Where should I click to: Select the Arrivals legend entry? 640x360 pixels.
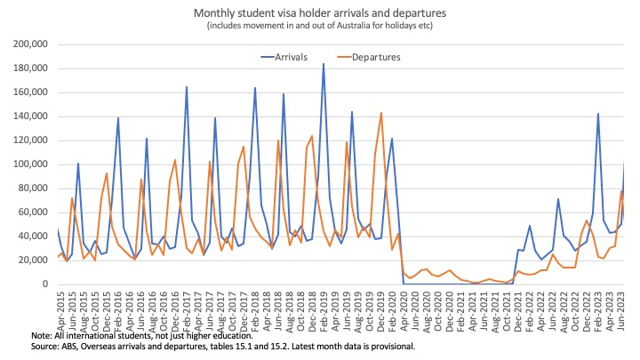(x=298, y=57)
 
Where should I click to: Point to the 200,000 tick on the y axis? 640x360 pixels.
(x=29, y=44)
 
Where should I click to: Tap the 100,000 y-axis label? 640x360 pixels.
(x=29, y=164)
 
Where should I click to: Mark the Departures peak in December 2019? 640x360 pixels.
(x=380, y=113)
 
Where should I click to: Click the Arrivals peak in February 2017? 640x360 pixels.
(x=187, y=87)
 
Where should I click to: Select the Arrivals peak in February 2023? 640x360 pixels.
(x=598, y=114)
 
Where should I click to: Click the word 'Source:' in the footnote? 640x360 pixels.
(x=47, y=346)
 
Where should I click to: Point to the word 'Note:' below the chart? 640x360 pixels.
(x=43, y=335)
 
